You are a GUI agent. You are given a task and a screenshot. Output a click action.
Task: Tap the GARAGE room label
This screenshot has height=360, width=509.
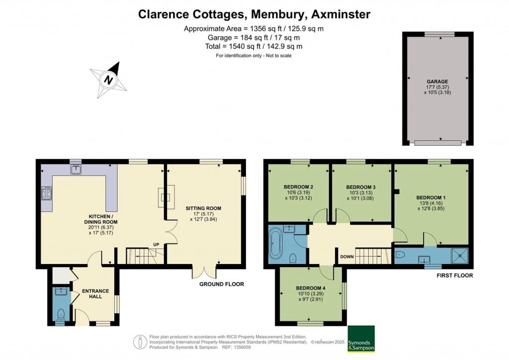click(x=437, y=82)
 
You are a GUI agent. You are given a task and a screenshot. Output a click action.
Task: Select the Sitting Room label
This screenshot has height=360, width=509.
click(x=203, y=208)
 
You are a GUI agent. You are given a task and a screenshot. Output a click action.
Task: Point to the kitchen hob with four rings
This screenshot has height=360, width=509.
click(x=47, y=193)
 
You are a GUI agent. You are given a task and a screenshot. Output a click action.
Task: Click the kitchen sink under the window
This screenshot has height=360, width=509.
click(x=76, y=170)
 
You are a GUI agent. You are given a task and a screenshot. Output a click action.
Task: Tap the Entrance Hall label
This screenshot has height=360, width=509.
click(x=95, y=293)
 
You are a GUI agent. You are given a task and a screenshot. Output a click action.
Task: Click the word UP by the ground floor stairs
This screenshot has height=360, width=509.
click(x=156, y=245)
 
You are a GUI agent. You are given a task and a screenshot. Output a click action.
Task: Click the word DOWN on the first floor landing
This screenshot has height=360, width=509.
click(x=347, y=257)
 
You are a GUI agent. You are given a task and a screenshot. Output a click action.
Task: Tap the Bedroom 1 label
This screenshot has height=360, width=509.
click(x=431, y=198)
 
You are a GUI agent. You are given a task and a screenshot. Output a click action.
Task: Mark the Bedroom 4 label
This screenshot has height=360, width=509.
click(x=311, y=288)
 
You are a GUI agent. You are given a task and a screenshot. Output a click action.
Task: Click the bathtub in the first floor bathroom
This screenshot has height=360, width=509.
click(x=275, y=245)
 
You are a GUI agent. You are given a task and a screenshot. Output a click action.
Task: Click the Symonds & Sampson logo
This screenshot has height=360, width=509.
click(x=361, y=339)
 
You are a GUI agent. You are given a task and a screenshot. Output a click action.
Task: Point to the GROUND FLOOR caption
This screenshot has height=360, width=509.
click(x=222, y=284)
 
